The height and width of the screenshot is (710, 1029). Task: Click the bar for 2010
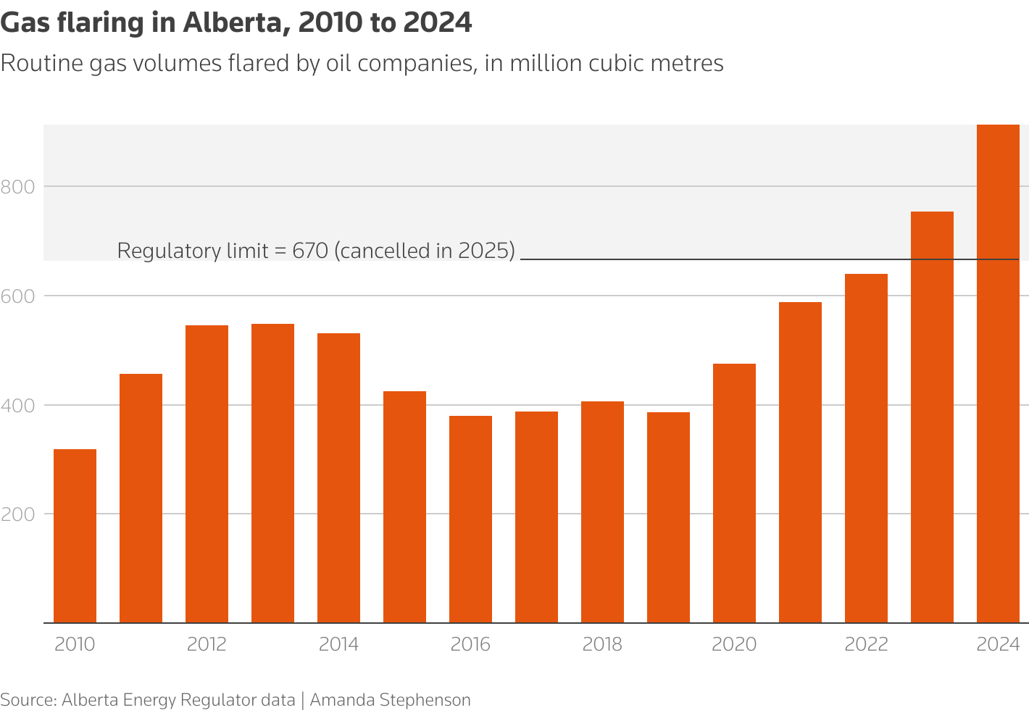point(75,536)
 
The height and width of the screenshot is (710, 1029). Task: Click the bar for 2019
point(668,517)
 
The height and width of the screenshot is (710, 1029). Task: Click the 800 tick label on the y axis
point(18,188)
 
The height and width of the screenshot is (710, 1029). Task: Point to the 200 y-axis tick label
point(18,514)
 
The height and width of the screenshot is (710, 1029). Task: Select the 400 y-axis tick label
point(18,406)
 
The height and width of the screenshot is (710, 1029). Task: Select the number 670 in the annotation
point(310,251)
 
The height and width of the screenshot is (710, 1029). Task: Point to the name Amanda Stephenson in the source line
point(390,700)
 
